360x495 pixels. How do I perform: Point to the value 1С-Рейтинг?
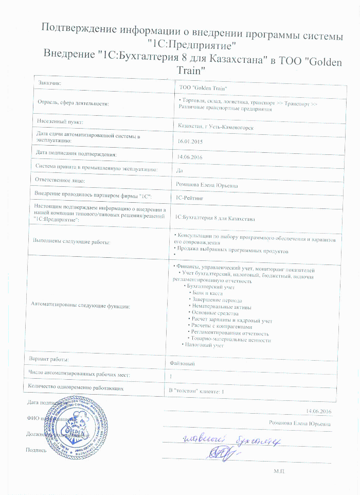(189, 197)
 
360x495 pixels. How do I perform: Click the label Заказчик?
(50, 82)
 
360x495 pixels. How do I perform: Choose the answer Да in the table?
(179, 170)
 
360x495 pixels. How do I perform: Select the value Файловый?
(182, 363)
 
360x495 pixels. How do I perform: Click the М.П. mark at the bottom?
(280, 471)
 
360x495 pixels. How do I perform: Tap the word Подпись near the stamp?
(36, 450)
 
